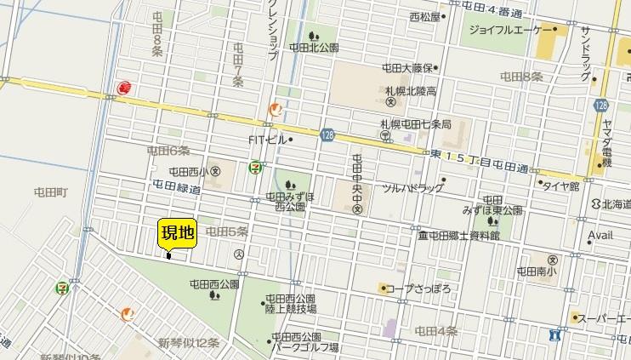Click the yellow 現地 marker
point(178,233)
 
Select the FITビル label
point(265,139)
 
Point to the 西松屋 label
point(424,16)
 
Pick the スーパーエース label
point(603,319)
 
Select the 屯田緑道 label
point(176,186)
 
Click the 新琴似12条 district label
point(189,342)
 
